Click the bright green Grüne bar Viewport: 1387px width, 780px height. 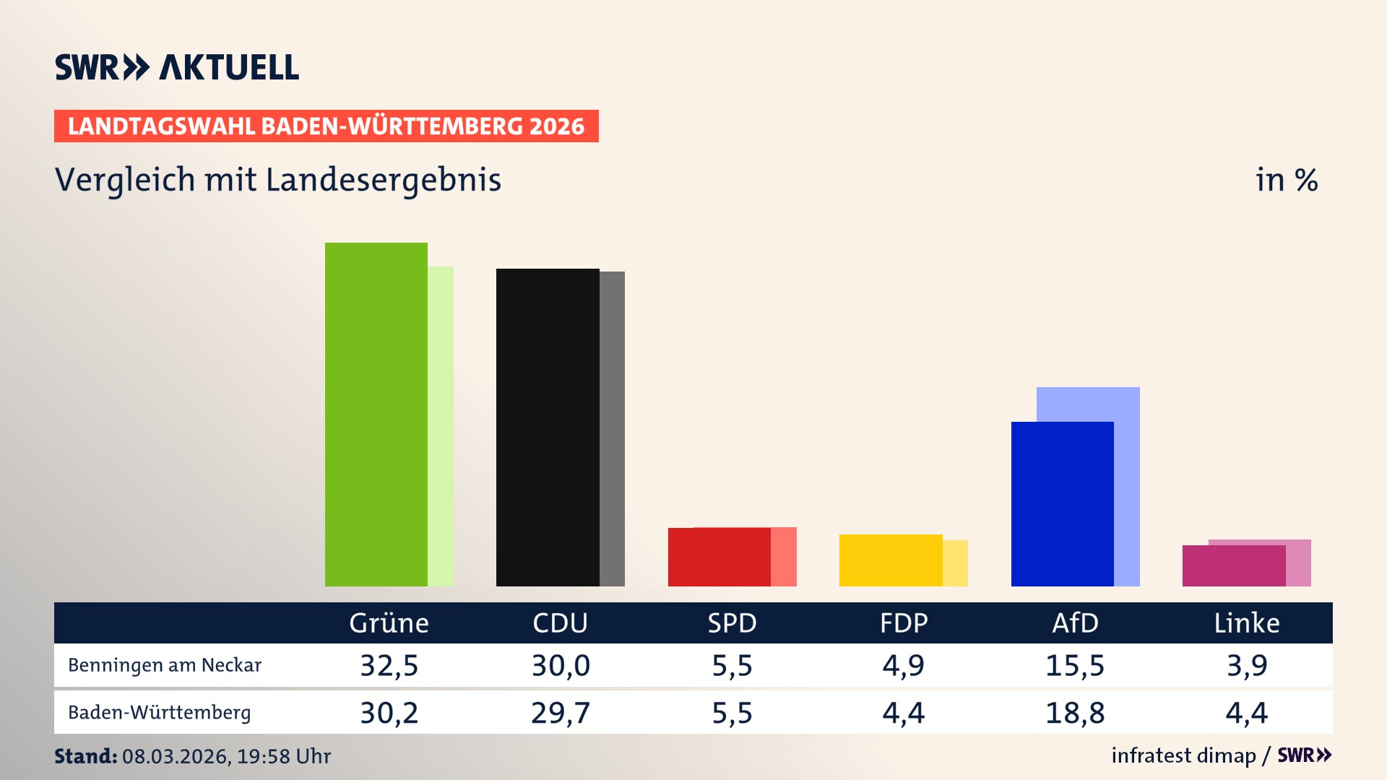coord(376,415)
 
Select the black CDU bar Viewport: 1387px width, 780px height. coord(548,428)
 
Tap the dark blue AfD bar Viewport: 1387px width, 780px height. coord(1062,504)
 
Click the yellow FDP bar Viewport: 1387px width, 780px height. coord(890,560)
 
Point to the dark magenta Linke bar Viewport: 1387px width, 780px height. coord(1233,566)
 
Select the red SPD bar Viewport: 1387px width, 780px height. coord(719,558)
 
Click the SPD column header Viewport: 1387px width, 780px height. coord(732,623)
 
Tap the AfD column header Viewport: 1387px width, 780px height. coord(1075,623)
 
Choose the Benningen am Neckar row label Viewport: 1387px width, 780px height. coord(165,665)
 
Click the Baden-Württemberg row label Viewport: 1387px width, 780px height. coord(160,713)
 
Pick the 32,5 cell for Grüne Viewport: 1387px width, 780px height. coord(389,665)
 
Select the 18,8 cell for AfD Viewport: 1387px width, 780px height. coord(1075,713)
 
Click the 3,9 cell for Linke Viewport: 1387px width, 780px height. coord(1247,665)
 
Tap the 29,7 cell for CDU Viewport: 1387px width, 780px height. coord(561,713)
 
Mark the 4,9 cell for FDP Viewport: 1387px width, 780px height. coord(903,665)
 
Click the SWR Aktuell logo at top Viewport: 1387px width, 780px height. coord(177,67)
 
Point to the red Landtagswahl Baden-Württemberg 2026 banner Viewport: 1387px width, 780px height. coord(326,126)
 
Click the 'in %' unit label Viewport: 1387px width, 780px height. coord(1287,181)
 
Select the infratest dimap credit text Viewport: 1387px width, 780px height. coord(1183,755)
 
